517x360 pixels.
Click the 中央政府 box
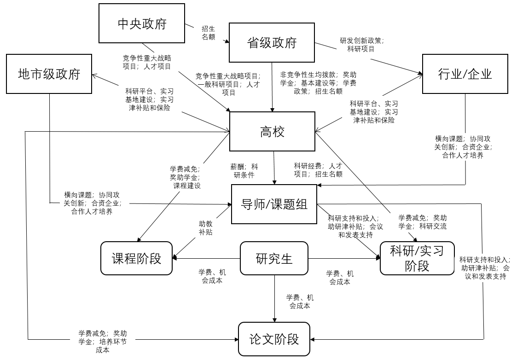click(x=142, y=23)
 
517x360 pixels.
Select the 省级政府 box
click(x=272, y=42)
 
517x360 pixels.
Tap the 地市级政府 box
click(x=49, y=74)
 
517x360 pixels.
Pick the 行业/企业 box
click(x=465, y=74)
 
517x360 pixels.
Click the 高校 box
click(x=273, y=132)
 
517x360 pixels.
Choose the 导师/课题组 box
click(x=274, y=204)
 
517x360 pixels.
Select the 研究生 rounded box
click(x=274, y=258)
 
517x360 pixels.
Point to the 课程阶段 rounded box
click(x=137, y=258)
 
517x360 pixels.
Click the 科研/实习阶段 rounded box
click(x=417, y=258)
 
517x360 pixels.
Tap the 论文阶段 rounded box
click(x=274, y=339)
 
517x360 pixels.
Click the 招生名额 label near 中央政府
click(x=209, y=33)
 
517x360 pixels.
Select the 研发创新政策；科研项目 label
click(x=362, y=45)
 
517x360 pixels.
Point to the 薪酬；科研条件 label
click(x=244, y=171)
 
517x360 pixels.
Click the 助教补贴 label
click(x=206, y=228)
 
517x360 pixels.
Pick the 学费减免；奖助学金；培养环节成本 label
click(x=103, y=342)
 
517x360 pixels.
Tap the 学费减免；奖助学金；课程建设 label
click(x=185, y=177)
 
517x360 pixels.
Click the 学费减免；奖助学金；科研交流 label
click(x=422, y=222)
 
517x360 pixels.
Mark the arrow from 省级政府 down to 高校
click(x=273, y=87)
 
